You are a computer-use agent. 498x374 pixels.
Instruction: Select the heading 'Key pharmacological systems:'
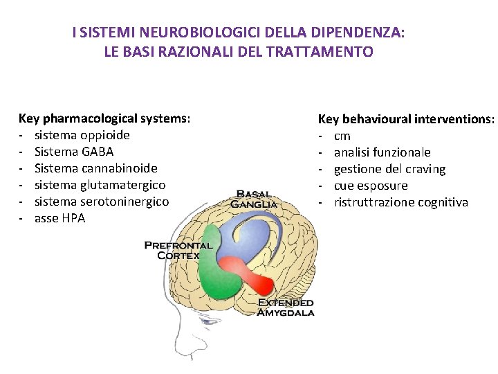tap(104, 118)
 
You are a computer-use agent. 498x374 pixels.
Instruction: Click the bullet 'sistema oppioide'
tap(82, 135)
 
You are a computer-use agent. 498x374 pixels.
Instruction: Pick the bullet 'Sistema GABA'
tap(73, 152)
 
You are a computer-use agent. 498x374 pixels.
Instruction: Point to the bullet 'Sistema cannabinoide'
tap(95, 168)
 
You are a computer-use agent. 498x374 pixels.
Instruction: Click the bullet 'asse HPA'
tap(60, 218)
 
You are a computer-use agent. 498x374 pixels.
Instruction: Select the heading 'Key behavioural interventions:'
tap(406, 119)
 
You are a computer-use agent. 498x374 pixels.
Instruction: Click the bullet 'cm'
tap(342, 136)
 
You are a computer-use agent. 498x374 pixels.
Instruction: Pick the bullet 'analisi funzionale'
tap(382, 152)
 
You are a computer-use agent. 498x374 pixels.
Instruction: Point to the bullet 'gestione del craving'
tap(389, 169)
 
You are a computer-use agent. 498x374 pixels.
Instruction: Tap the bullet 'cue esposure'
tap(371, 186)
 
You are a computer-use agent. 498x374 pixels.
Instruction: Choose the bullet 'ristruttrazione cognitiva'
tap(400, 202)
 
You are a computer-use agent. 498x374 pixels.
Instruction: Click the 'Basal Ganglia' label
tap(254, 199)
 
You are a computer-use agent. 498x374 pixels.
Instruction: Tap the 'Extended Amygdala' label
tap(286, 308)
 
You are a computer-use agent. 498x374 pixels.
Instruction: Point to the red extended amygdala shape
tap(246, 273)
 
